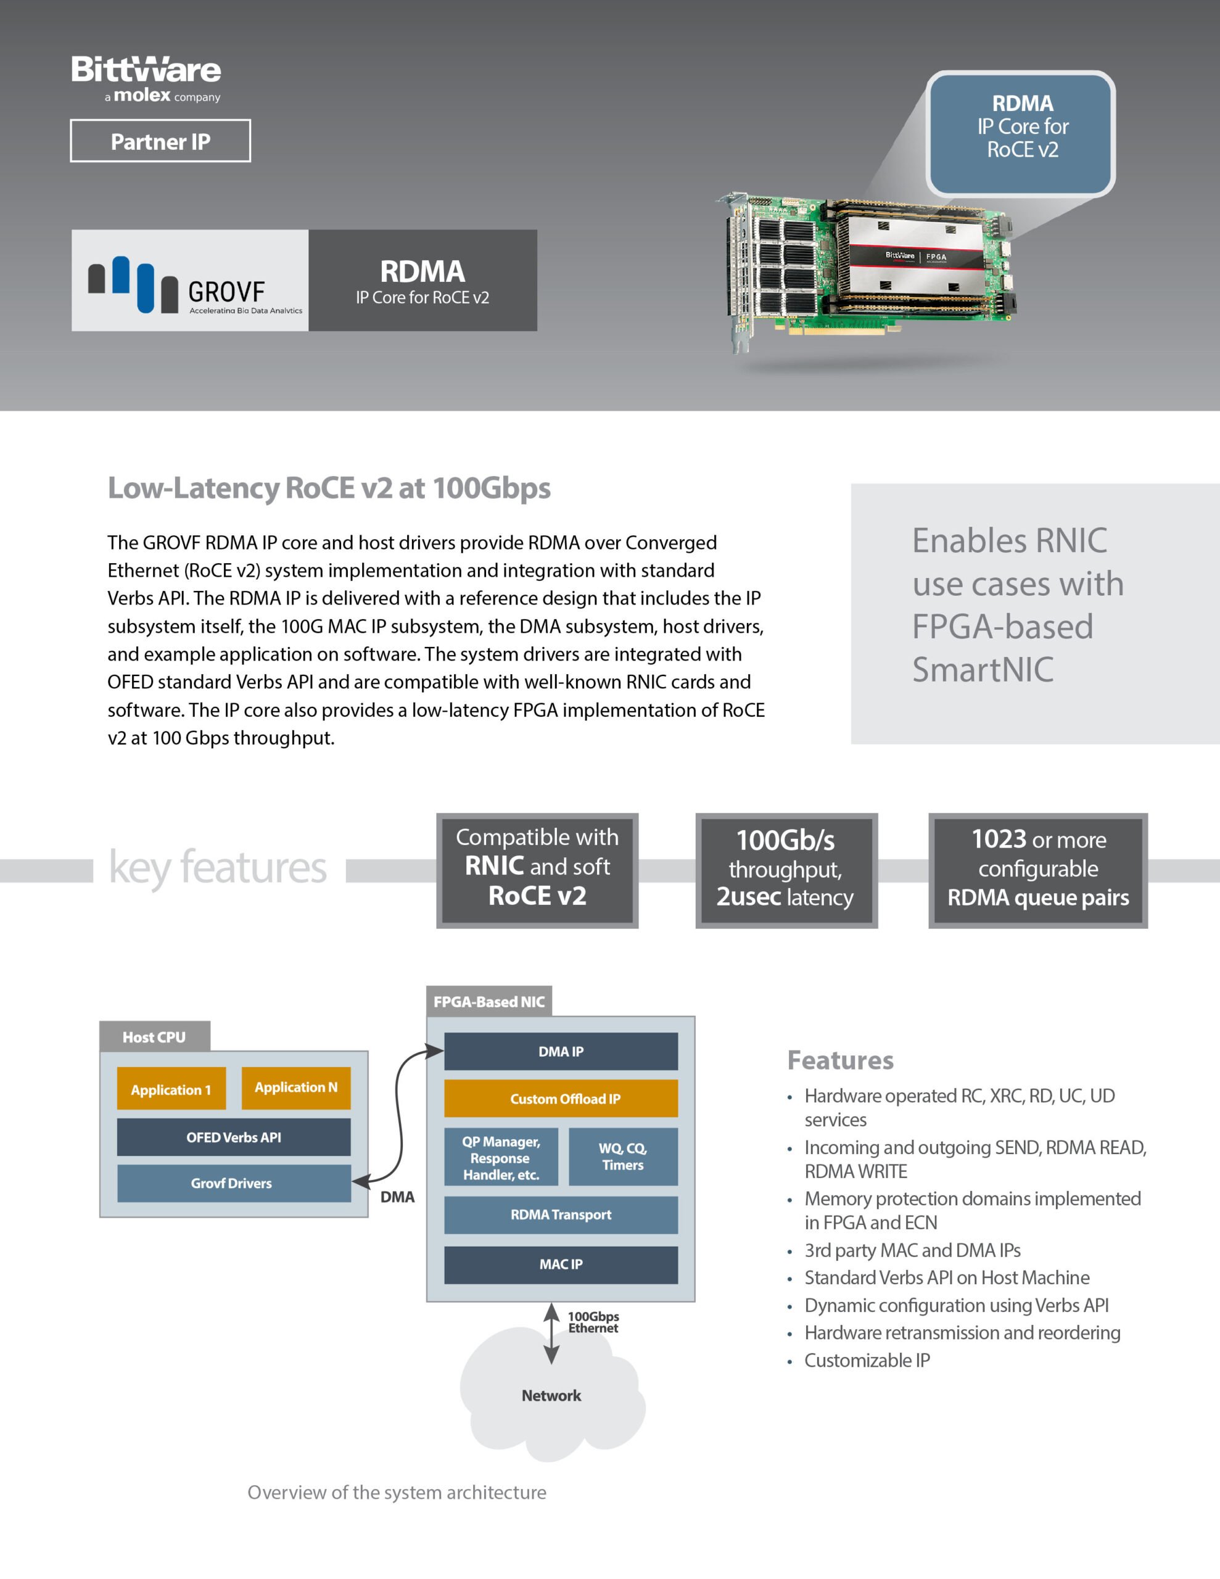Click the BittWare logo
point(146,79)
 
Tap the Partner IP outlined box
point(160,141)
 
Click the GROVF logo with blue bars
point(190,281)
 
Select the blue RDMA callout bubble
point(1020,134)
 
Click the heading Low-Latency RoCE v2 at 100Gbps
point(329,488)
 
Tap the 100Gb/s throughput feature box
point(786,870)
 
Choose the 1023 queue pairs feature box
point(1038,870)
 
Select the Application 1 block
point(171,1089)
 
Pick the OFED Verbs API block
point(234,1137)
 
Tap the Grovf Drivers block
point(234,1184)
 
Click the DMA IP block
point(561,1051)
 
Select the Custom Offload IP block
point(561,1099)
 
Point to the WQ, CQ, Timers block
point(624,1156)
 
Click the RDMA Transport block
point(561,1214)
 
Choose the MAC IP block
point(561,1264)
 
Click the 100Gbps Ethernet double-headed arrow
point(552,1333)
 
